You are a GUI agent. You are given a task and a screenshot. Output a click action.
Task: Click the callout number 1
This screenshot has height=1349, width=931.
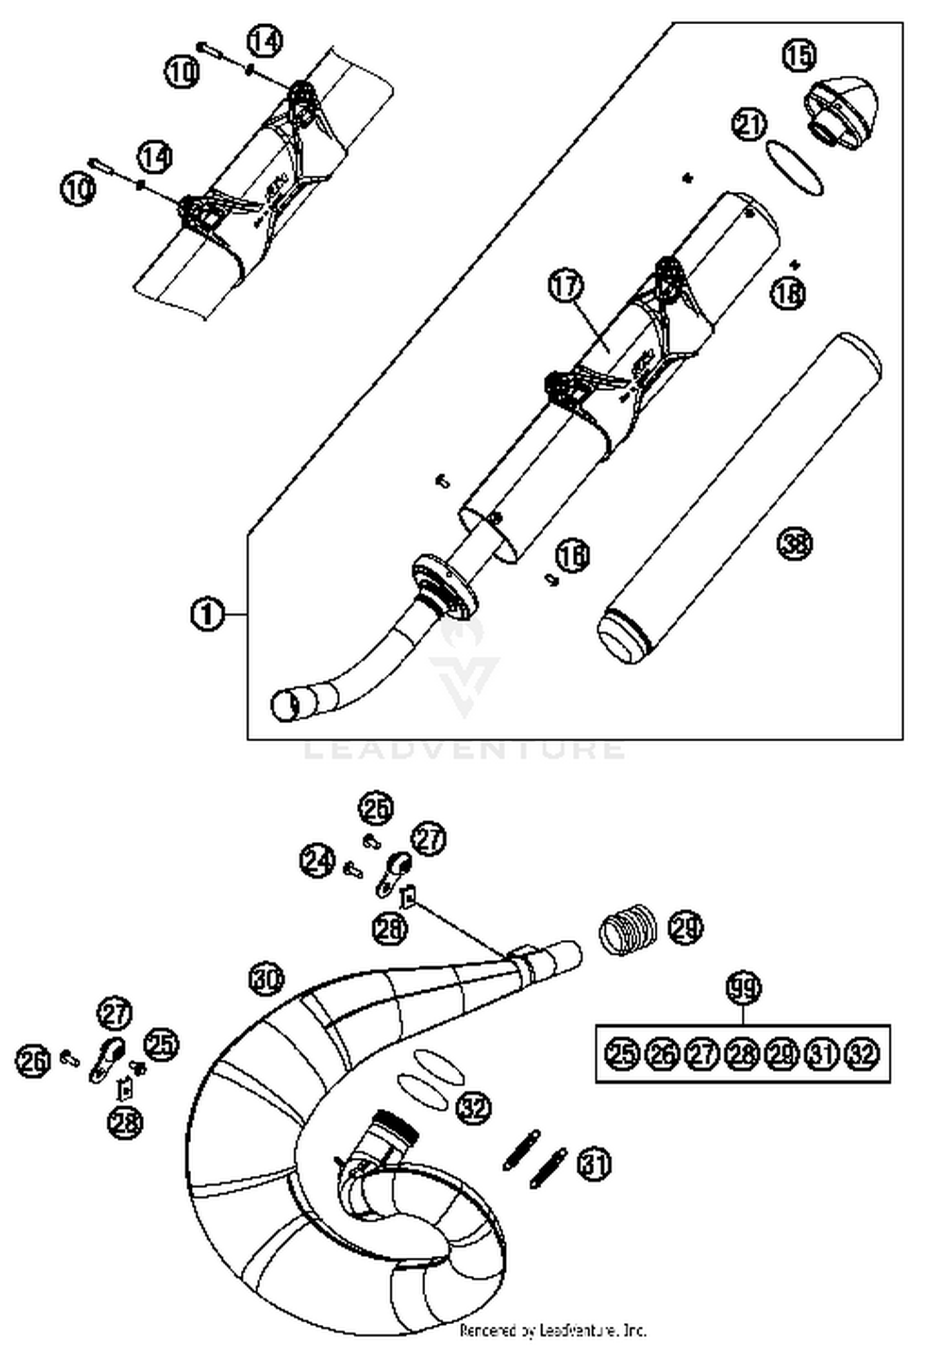point(207,614)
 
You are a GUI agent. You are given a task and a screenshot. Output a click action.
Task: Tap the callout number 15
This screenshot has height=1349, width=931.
point(799,55)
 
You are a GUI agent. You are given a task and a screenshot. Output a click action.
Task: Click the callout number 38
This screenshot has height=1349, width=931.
point(794,543)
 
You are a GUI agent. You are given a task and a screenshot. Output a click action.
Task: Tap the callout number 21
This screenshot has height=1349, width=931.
point(749,126)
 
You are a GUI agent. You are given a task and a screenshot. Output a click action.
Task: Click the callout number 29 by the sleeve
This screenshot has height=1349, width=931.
point(686,927)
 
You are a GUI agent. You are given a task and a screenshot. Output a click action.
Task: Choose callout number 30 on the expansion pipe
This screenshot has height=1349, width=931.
point(267,980)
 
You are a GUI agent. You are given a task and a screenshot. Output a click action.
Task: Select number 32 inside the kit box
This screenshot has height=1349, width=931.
point(863,1053)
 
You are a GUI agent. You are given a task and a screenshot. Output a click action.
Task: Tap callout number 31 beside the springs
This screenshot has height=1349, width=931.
point(594,1164)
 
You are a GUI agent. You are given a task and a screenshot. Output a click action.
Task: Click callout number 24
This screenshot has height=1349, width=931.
point(317,861)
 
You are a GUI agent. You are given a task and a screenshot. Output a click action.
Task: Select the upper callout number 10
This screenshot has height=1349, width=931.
point(182,72)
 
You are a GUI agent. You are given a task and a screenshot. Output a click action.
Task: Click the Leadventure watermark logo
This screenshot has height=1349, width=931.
point(464,670)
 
